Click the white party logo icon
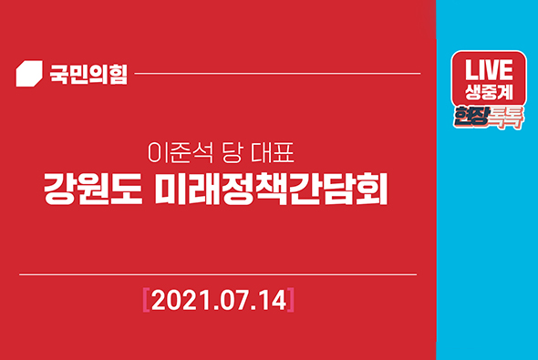30,73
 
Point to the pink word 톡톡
509,117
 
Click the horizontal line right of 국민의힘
277,73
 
